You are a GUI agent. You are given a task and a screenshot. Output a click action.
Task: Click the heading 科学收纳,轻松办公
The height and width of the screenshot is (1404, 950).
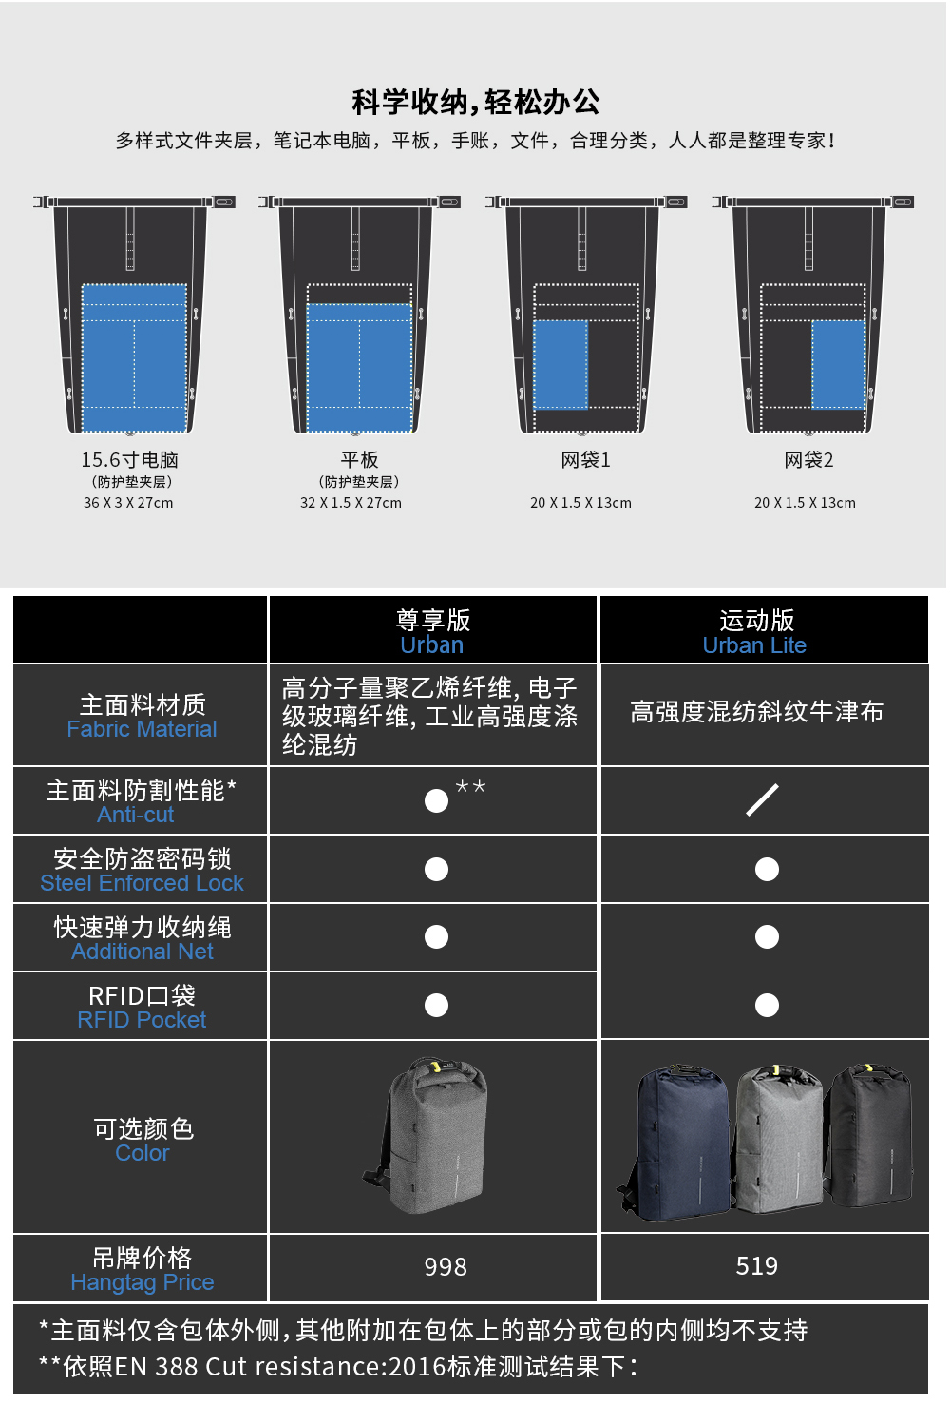tap(476, 102)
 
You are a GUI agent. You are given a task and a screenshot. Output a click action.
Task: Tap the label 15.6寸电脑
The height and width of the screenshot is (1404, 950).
tap(129, 460)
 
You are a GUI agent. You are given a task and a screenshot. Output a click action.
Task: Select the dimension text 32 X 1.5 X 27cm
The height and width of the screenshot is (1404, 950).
tap(351, 503)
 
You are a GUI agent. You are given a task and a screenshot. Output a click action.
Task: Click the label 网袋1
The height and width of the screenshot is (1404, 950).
tap(585, 460)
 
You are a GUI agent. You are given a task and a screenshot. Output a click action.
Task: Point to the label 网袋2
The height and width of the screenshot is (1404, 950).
tap(808, 460)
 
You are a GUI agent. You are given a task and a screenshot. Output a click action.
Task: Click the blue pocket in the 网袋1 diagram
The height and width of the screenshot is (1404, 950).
tap(560, 364)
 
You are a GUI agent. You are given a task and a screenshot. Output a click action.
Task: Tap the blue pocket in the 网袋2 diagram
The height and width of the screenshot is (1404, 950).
tap(839, 364)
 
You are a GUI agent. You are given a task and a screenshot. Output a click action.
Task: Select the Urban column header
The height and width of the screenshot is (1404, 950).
tap(432, 632)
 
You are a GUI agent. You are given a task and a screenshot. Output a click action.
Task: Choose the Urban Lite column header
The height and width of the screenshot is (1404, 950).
tap(754, 632)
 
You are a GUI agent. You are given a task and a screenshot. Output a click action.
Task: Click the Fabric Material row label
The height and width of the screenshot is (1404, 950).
tap(142, 717)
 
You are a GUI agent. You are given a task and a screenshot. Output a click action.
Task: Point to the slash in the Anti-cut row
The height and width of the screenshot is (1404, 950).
tap(762, 799)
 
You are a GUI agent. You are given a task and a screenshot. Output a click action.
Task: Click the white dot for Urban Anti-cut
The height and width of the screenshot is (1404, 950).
tap(436, 801)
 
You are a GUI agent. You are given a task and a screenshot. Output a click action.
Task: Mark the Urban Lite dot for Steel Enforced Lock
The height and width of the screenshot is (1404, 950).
tap(768, 870)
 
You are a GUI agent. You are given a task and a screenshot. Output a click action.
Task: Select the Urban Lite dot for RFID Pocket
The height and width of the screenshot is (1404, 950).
tap(768, 1006)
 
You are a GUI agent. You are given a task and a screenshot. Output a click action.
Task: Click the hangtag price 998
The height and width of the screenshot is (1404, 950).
tap(446, 1267)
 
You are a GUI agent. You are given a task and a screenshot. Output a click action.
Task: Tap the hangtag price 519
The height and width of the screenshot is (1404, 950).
tap(756, 1266)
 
